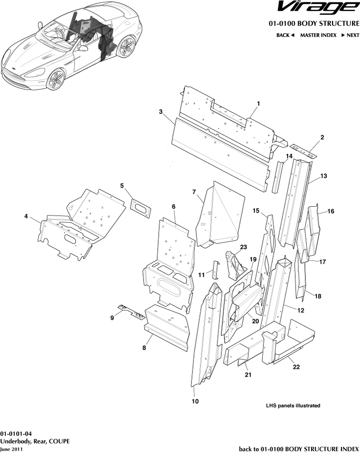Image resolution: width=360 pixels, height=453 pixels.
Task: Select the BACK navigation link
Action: [285, 35]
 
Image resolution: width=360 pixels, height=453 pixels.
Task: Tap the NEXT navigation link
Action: [350, 35]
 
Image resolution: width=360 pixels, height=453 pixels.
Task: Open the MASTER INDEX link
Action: [318, 35]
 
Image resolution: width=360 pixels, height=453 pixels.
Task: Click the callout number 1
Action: [258, 103]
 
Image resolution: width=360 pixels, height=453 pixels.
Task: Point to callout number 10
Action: [195, 402]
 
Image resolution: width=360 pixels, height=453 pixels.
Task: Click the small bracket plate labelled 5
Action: [141, 207]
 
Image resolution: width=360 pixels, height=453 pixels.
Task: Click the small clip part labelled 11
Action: [214, 269]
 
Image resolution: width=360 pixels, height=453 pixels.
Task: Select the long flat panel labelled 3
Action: [220, 151]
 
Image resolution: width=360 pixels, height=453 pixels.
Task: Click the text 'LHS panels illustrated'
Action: [293, 406]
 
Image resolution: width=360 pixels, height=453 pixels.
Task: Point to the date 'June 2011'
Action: [11, 449]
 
